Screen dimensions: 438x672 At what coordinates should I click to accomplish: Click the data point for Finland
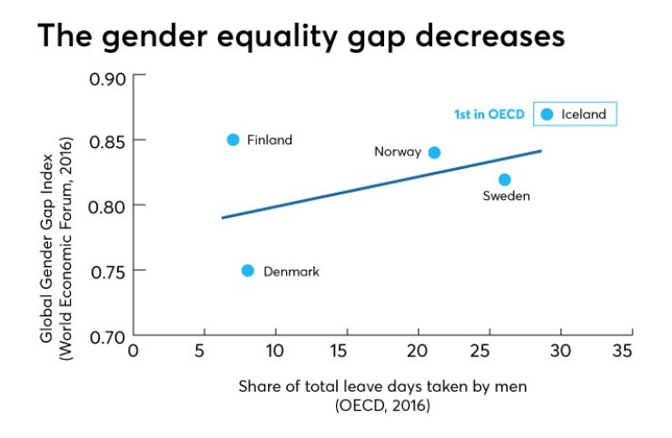click(x=232, y=140)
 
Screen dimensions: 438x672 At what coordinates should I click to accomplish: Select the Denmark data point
click(x=248, y=271)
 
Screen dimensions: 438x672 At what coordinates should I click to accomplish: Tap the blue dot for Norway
click(x=434, y=153)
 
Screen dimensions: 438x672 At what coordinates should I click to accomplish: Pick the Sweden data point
click(x=505, y=179)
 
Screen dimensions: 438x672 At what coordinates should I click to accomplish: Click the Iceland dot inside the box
click(x=547, y=114)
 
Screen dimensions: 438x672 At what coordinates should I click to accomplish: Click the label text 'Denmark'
click(x=291, y=272)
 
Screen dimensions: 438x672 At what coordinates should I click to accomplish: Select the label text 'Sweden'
click(x=506, y=196)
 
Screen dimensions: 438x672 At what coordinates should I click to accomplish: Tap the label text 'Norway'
click(x=398, y=153)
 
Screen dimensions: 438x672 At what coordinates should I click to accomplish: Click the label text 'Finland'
click(x=270, y=140)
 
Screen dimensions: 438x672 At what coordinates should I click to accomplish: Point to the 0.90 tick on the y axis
click(x=106, y=77)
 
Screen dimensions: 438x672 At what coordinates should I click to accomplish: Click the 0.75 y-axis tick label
click(x=106, y=271)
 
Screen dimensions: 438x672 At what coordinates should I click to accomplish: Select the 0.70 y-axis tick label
click(x=106, y=336)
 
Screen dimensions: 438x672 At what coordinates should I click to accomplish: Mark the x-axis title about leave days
click(x=382, y=386)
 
